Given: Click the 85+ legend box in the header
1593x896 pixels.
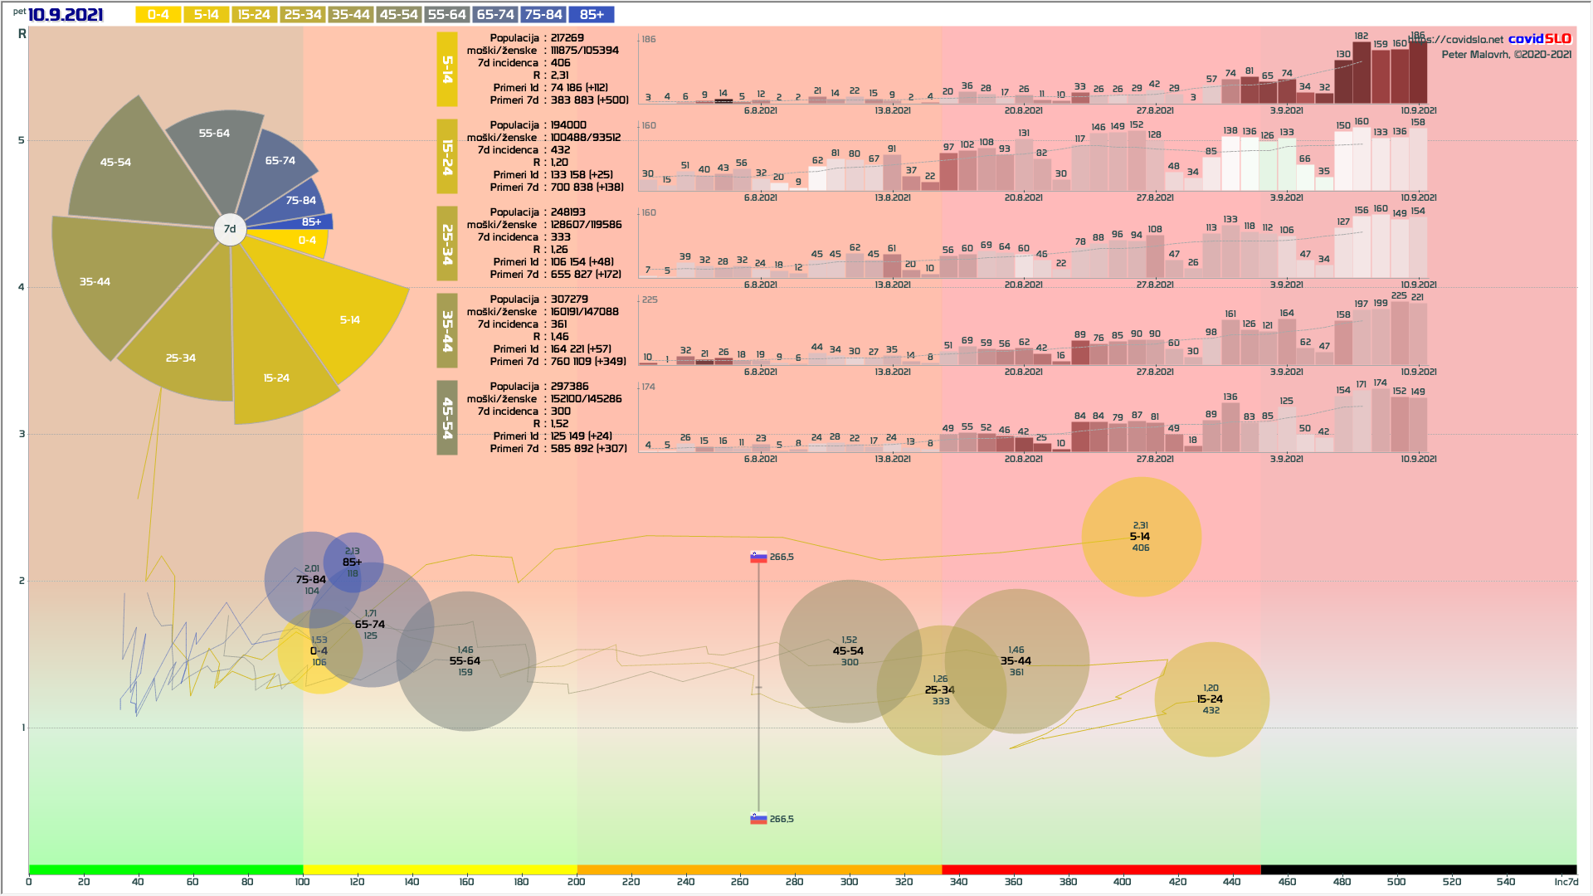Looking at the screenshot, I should point(592,15).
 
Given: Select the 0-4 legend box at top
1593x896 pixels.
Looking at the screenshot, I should point(158,15).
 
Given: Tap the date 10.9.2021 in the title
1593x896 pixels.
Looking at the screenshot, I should point(66,15).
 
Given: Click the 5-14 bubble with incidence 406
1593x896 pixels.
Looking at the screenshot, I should point(1141,537).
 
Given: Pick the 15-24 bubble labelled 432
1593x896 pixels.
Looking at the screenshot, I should point(1211,699).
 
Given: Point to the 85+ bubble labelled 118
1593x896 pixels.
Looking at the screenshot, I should point(353,562).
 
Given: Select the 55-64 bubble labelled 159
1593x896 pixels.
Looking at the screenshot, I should point(465,661).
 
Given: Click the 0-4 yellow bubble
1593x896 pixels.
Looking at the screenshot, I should point(319,652).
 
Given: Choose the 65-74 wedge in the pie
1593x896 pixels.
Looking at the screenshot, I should point(280,163).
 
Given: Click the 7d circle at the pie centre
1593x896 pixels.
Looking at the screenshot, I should point(230,229).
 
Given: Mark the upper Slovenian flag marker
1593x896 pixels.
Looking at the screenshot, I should point(758,557).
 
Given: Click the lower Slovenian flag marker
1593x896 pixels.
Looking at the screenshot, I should point(758,819).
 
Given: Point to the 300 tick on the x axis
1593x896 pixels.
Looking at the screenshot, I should point(849,882).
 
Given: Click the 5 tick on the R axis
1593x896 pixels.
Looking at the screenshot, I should point(22,140).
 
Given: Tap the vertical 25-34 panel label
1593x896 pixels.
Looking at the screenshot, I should point(447,245).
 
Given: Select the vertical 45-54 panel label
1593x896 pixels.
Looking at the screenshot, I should point(447,418).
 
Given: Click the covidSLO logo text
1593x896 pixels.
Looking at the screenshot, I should point(1539,39).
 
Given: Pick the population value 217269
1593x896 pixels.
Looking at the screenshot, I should point(568,38).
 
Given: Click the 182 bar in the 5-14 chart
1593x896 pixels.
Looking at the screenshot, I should point(1362,73).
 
